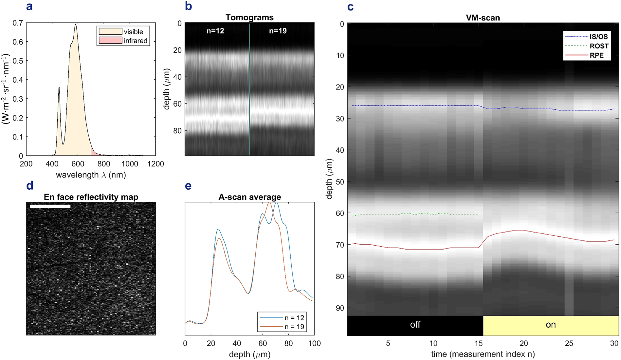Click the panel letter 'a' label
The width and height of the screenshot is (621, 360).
[x=29, y=6]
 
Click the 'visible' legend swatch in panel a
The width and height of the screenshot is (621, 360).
[x=110, y=31]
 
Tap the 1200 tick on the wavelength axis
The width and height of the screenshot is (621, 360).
[x=155, y=164]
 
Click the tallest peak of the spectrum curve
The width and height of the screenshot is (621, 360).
[x=76, y=24]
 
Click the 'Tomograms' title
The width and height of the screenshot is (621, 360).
[x=249, y=17]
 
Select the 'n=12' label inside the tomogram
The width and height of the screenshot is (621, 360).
[x=215, y=31]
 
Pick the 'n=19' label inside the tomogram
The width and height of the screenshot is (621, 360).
[x=278, y=31]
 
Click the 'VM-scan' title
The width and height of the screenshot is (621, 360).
[x=483, y=18]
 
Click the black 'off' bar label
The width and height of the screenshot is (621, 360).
[x=415, y=325]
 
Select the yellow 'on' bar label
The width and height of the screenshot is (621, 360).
[x=551, y=325]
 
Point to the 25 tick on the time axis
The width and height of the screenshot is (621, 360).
[x=569, y=343]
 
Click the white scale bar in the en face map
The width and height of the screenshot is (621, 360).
[x=50, y=206]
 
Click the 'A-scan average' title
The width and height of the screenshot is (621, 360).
[x=249, y=197]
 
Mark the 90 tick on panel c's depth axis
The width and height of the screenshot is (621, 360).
[x=340, y=308]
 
